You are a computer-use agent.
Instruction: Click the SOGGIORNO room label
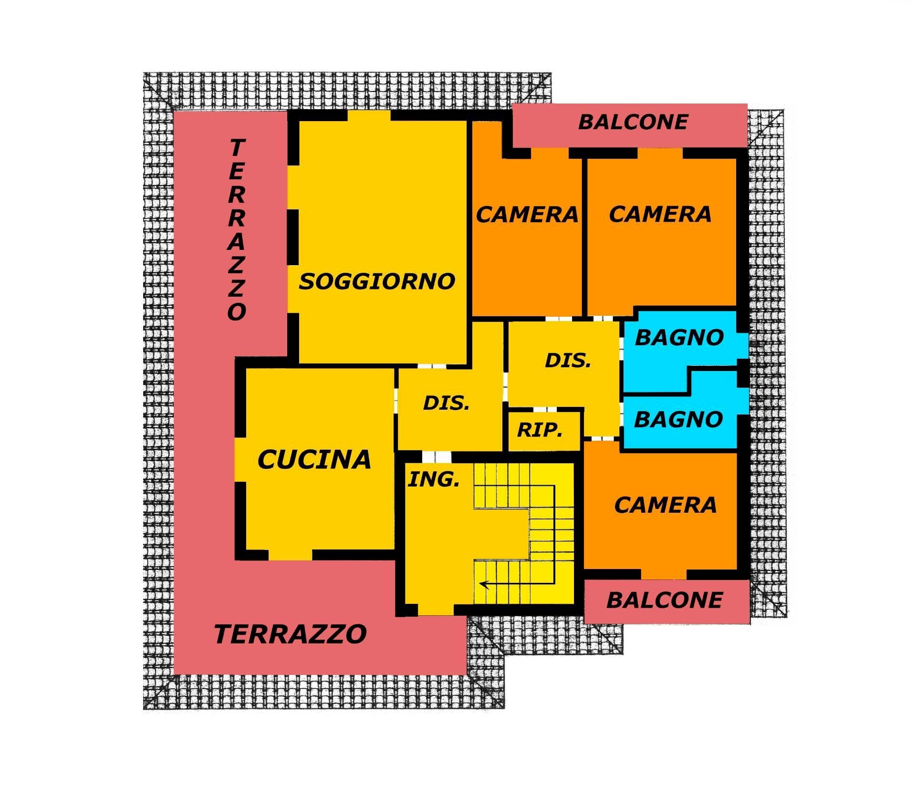click(377, 281)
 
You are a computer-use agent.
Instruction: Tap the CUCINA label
click(314, 460)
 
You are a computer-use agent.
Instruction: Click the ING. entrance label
click(434, 480)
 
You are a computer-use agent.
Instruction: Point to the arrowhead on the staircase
click(483, 583)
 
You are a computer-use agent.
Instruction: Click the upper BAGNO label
click(679, 338)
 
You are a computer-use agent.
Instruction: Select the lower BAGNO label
click(678, 420)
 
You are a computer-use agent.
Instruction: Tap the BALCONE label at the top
click(633, 122)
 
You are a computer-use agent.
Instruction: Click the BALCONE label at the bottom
click(664, 600)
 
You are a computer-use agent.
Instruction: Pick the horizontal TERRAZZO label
click(291, 634)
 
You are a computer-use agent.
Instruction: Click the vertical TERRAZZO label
click(237, 229)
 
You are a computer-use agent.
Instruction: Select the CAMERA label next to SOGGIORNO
click(527, 215)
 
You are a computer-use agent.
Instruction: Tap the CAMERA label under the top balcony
click(660, 214)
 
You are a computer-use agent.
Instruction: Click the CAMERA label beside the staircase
click(666, 505)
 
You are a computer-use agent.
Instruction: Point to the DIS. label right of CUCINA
click(447, 404)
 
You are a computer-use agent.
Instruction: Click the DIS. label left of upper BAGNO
click(568, 361)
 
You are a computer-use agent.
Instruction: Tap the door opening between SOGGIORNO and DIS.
click(432, 366)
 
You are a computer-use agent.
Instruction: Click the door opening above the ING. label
click(437, 456)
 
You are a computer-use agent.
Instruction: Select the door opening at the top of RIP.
click(544, 410)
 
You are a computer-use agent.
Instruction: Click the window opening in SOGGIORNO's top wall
click(369, 116)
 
